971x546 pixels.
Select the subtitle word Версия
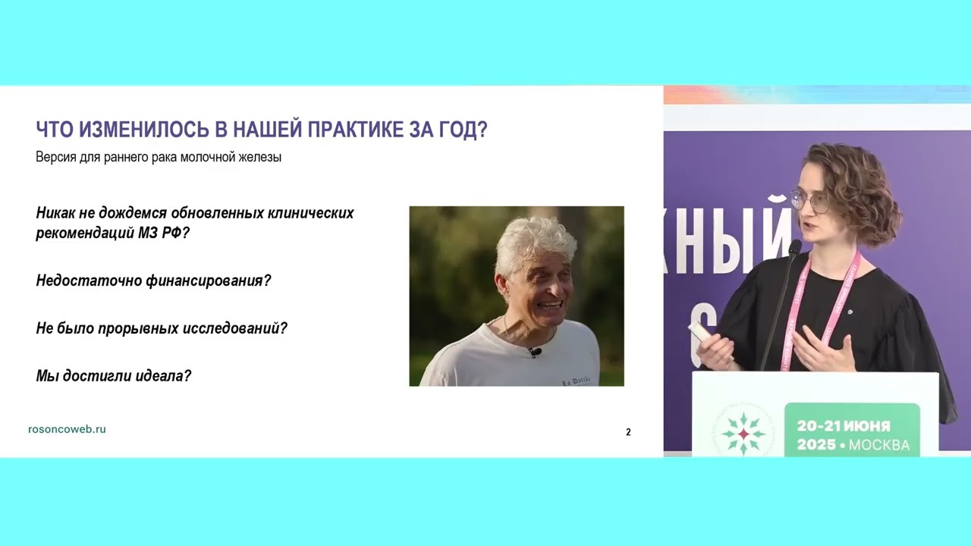[x=55, y=158]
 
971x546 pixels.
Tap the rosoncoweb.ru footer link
[x=67, y=429]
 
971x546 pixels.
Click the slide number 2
[x=628, y=432]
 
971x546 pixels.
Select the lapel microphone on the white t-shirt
[x=535, y=352]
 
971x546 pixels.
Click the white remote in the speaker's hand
[x=700, y=333]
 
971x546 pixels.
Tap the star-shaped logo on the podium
[x=743, y=433]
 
